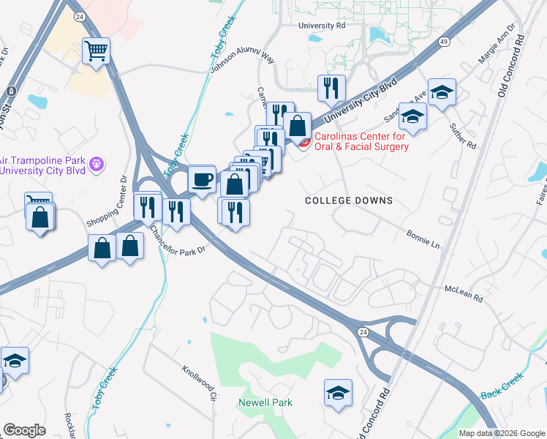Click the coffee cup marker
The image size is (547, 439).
coord(202,179)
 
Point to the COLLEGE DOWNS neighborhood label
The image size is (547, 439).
coord(349,200)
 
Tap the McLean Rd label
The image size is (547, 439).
coord(464,293)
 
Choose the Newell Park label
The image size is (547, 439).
coord(265,402)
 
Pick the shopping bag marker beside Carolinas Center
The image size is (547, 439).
coord(298,125)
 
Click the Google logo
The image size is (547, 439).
coord(24,430)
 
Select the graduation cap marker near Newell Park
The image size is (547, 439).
coord(338,392)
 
